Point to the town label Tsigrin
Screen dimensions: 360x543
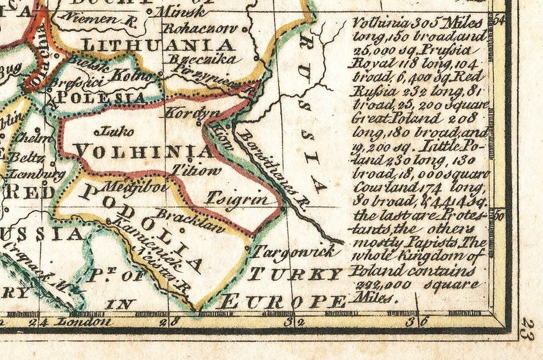tap(237, 199)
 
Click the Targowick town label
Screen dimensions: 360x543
tap(295, 251)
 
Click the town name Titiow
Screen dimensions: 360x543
tap(198, 170)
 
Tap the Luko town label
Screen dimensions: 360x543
tap(113, 130)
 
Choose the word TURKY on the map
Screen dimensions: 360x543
tap(295, 274)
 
